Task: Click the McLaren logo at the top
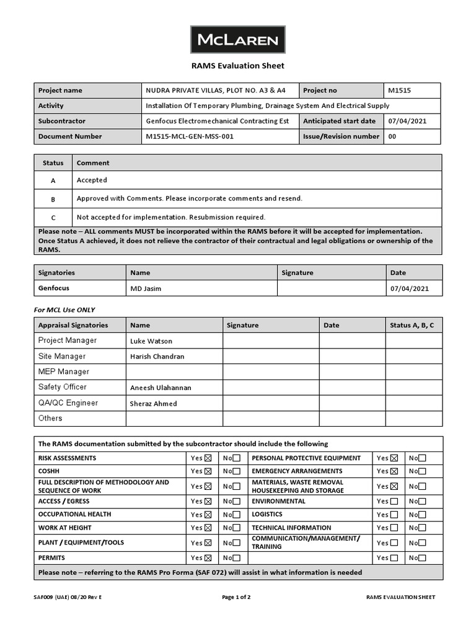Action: point(237,40)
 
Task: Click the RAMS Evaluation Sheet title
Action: point(237,66)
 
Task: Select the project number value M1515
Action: point(399,91)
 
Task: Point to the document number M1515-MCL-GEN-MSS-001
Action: point(190,136)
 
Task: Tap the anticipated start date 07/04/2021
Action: point(407,122)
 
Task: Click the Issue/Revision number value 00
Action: point(392,136)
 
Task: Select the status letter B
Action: point(53,199)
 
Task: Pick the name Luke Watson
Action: point(151,341)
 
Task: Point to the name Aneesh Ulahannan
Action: point(161,388)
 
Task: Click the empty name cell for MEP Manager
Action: point(174,372)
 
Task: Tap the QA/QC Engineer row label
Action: point(68,403)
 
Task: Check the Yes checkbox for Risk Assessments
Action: point(208,458)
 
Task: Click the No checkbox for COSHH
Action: point(237,472)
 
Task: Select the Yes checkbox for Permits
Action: point(208,558)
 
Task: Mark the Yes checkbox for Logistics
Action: point(394,515)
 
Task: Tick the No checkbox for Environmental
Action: point(422,501)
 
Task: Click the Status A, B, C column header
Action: point(412,325)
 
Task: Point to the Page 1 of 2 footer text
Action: point(236,597)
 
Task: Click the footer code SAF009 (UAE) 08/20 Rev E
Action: point(68,597)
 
